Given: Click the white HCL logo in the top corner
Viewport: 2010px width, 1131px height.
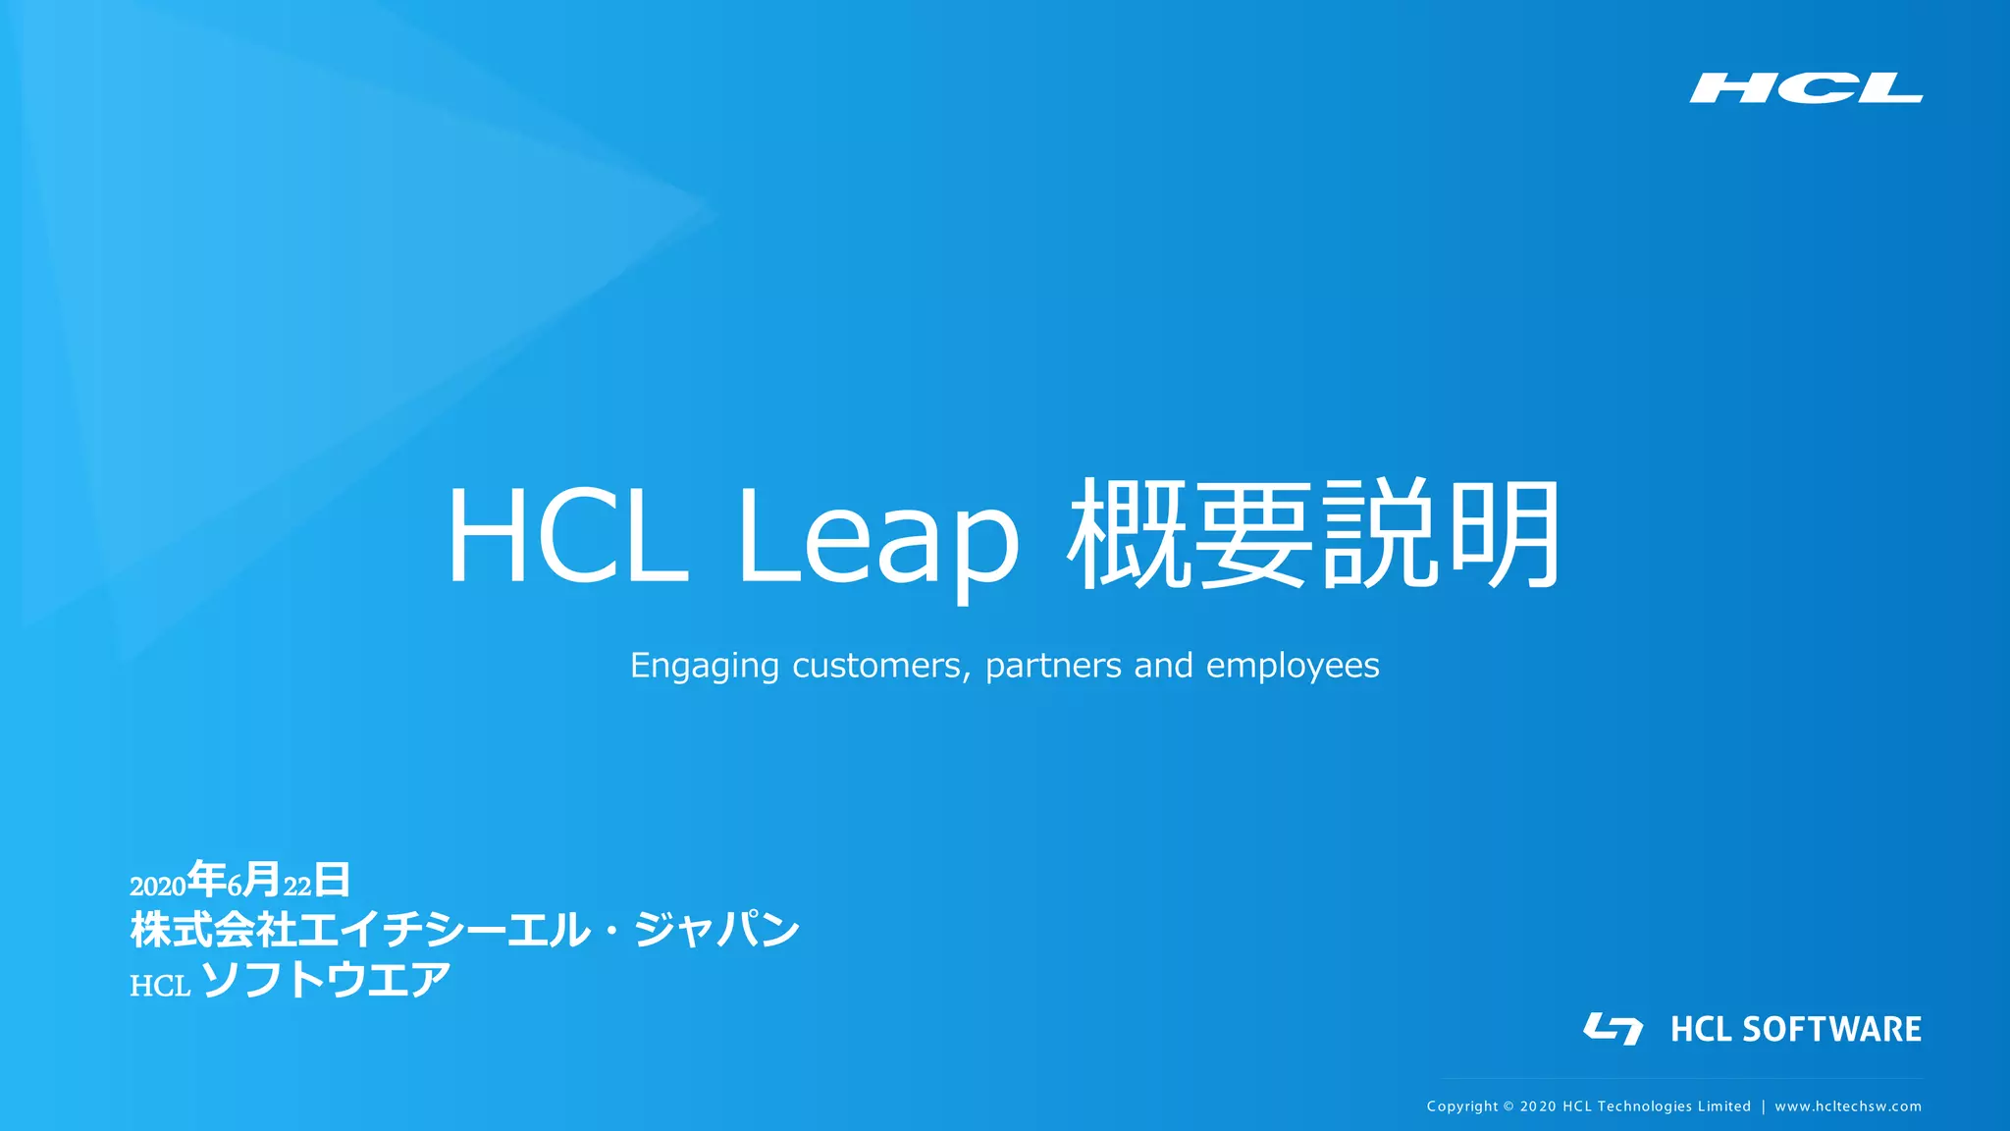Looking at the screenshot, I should [1805, 87].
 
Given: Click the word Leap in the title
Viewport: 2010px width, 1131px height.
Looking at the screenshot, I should [877, 538].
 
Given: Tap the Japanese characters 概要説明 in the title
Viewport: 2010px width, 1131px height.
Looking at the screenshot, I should [1314, 534].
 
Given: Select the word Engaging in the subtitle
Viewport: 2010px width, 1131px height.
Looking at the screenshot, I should [704, 667].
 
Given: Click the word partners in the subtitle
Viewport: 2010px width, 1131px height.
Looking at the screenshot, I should [1053, 666].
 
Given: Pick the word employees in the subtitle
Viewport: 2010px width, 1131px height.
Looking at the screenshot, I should [1293, 667].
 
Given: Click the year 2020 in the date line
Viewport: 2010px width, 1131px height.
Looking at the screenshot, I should [158, 887].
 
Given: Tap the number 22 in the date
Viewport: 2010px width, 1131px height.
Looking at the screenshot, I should [297, 887].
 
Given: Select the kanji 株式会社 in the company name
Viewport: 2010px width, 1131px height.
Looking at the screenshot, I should [213, 930].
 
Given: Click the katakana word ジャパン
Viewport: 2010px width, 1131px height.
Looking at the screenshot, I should [716, 930].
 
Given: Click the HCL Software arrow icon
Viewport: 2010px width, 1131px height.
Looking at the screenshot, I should [1613, 1028].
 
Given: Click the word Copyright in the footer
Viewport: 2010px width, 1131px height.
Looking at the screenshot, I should [1462, 1106].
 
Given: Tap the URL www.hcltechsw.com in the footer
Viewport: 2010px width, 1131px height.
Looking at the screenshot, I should [1848, 1106].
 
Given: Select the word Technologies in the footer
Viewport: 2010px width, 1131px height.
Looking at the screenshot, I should [1645, 1106].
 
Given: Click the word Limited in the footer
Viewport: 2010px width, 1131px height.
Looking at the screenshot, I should [1725, 1106].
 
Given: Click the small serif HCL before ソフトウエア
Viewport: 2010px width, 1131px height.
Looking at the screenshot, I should [160, 986].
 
